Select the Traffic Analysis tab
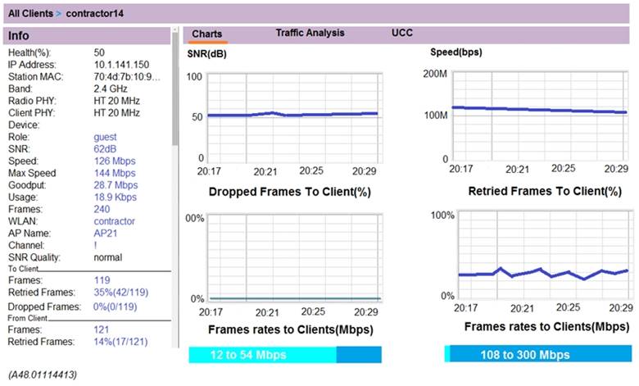pyautogui.click(x=310, y=33)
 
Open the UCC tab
pyautogui.click(x=402, y=33)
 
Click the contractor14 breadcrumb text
pyautogui.click(x=97, y=13)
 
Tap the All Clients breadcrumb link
pyautogui.click(x=32, y=13)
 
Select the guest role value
pyautogui.click(x=105, y=137)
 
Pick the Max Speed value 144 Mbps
pyautogui.click(x=114, y=173)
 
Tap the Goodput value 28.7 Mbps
pyautogui.click(x=116, y=185)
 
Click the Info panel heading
pyautogui.click(x=19, y=36)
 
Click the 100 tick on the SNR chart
pyautogui.click(x=194, y=76)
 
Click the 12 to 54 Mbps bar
pyautogui.click(x=262, y=355)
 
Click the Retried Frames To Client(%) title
pyautogui.click(x=544, y=192)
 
